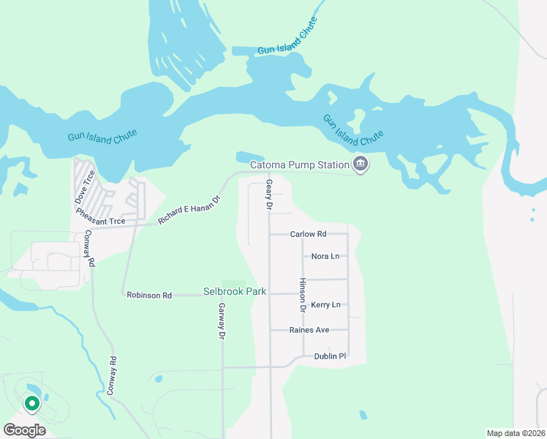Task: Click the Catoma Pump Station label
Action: coord(300,165)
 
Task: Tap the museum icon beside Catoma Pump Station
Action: coord(360,165)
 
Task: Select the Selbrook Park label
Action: coord(235,292)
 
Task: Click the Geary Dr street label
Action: coord(269,195)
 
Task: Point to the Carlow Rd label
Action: coord(308,234)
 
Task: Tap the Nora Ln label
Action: coord(325,256)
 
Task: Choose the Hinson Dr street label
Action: coord(302,291)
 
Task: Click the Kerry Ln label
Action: coord(325,304)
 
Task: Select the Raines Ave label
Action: coord(309,330)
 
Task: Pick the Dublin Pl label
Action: coord(330,356)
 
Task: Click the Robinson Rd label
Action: coord(149,295)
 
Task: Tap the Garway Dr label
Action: coord(221,323)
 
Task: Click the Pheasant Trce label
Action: coord(101,221)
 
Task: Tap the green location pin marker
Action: coord(31,403)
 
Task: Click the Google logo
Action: coord(24,430)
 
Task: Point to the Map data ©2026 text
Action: coord(515,433)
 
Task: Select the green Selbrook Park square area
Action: coord(234,284)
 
